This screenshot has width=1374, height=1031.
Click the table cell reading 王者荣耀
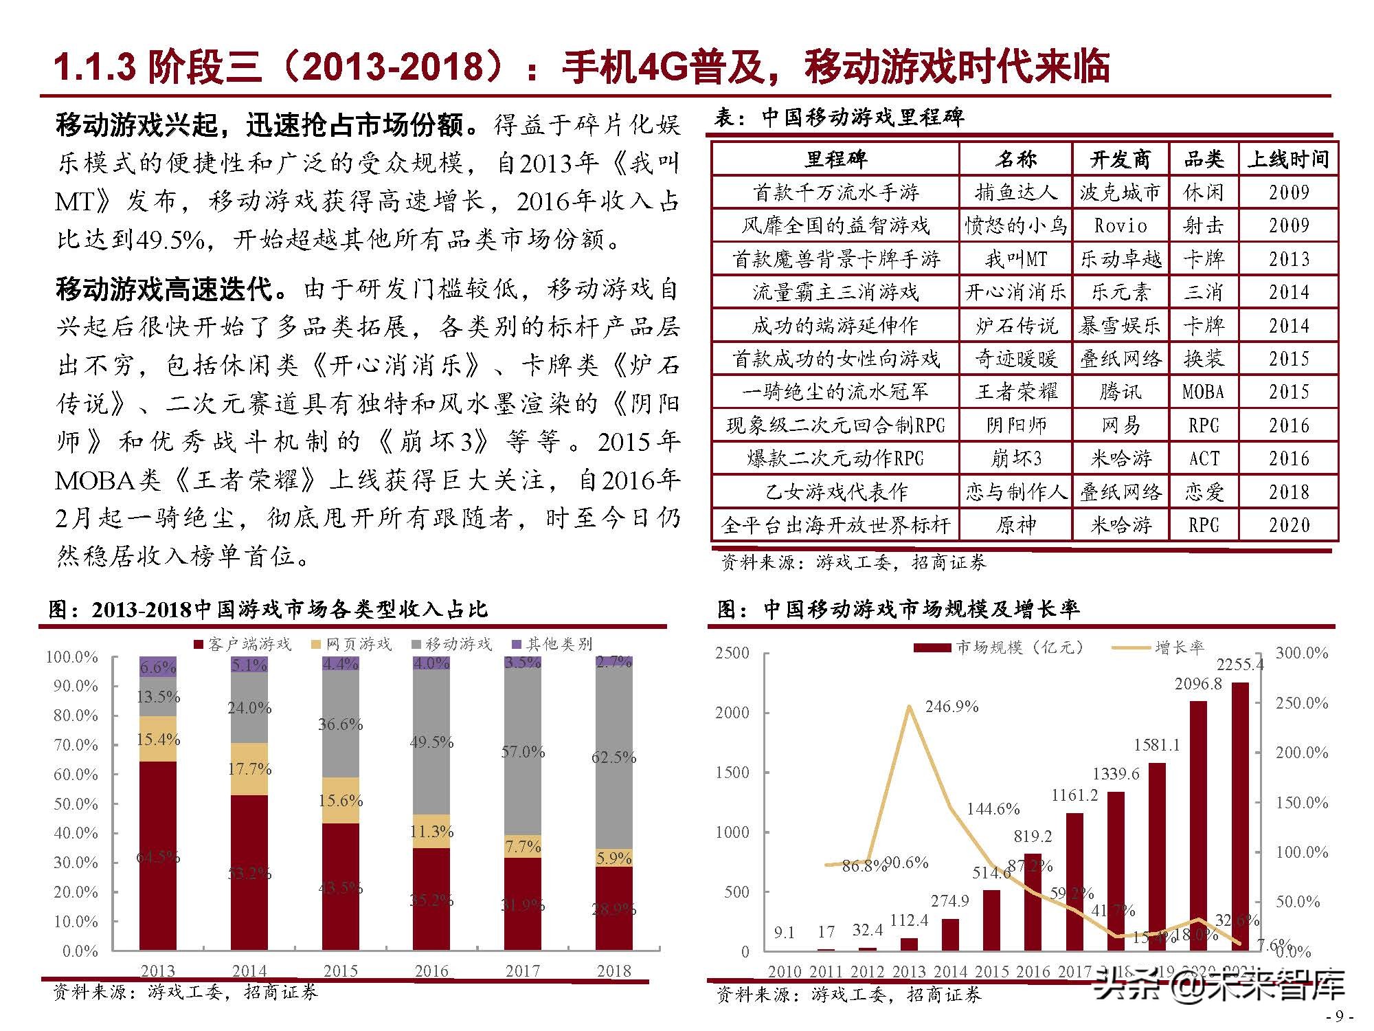point(1015,392)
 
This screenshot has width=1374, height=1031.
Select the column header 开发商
point(1120,159)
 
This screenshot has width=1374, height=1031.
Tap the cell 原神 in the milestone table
point(1015,525)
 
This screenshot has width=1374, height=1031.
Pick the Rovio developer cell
point(1120,225)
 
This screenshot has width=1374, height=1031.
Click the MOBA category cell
point(1204,392)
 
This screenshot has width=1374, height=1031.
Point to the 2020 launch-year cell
point(1289,525)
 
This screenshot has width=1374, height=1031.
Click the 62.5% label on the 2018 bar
point(613,757)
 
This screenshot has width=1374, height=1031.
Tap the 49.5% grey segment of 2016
point(431,742)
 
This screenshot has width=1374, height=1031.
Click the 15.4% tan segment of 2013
point(158,740)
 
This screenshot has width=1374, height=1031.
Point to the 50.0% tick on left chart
point(76,803)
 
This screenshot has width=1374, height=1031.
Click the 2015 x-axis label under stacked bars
point(341,971)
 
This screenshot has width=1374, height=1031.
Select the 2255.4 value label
point(1239,665)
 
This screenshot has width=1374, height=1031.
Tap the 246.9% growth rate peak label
point(951,707)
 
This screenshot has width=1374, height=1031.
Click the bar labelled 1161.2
point(1074,880)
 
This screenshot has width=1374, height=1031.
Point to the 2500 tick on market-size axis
point(732,653)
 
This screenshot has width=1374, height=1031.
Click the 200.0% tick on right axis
point(1301,753)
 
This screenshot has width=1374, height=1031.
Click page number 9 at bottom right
point(1338,1016)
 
